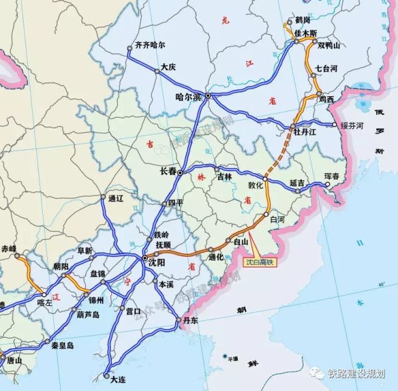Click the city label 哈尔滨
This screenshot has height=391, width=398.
point(189,97)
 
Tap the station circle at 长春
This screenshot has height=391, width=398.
point(180,173)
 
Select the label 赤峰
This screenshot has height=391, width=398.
point(9,248)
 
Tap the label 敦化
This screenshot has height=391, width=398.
point(256,184)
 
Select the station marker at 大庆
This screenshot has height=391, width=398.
point(157,71)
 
